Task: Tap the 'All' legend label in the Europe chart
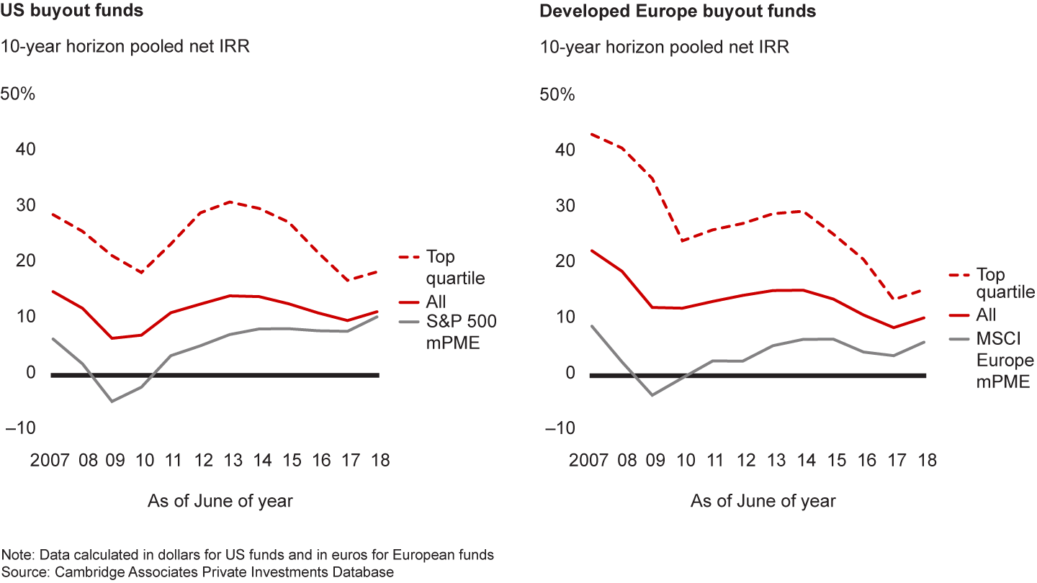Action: (x=987, y=315)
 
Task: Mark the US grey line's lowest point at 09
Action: (x=112, y=401)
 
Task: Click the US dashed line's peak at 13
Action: (x=229, y=202)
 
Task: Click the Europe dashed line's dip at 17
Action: (x=893, y=300)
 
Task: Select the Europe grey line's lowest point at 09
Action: (x=652, y=395)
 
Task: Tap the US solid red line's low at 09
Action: (x=112, y=338)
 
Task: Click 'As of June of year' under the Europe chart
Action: (x=763, y=501)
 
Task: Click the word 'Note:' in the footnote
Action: (x=17, y=556)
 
